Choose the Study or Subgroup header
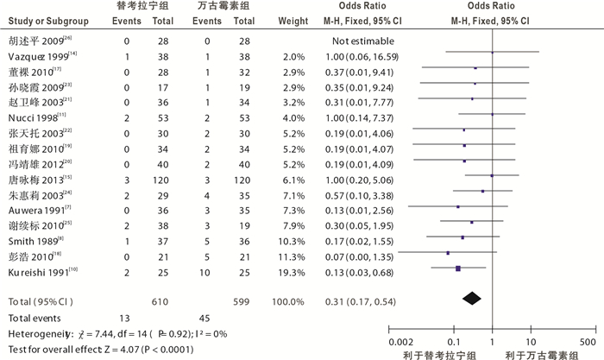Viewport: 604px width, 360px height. (44, 22)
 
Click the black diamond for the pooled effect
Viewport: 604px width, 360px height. (473, 298)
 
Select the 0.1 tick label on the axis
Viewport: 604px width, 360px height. (454, 331)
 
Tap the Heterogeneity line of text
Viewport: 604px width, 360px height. (112, 332)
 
